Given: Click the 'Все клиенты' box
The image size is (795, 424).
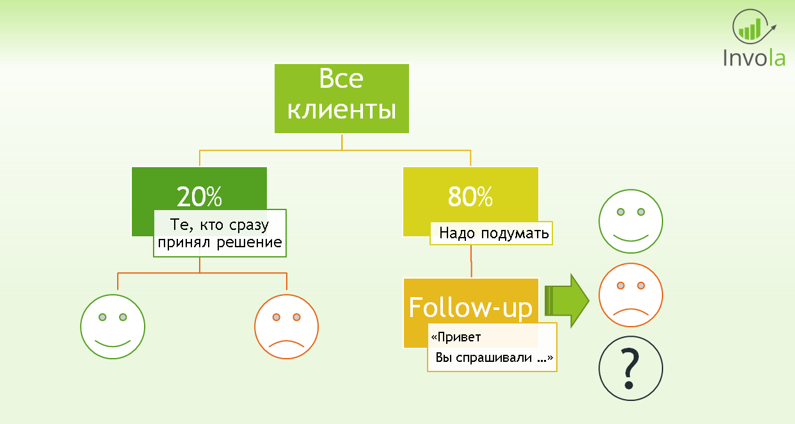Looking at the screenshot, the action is click(x=341, y=98).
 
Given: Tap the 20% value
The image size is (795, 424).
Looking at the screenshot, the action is click(x=199, y=197).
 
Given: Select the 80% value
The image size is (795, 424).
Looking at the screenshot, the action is click(x=470, y=197).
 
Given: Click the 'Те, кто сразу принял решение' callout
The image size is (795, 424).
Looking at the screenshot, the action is click(x=219, y=233).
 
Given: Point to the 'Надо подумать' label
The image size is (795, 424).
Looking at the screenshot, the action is click(x=490, y=233).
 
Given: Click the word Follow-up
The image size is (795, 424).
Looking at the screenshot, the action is click(x=470, y=307).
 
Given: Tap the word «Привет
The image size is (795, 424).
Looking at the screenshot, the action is click(x=456, y=337).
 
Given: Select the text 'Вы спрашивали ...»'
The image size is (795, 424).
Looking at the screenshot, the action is click(x=494, y=358).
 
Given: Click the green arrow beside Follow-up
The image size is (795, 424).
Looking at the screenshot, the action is click(x=566, y=301).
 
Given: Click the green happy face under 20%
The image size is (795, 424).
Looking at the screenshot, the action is click(x=113, y=327).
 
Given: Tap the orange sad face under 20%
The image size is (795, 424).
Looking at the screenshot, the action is click(x=286, y=327).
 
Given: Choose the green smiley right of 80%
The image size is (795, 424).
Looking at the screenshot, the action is click(x=630, y=222).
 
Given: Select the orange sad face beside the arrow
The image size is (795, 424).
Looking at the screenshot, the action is click(x=630, y=295).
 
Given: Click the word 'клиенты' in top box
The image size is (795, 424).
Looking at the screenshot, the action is click(x=341, y=110).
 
